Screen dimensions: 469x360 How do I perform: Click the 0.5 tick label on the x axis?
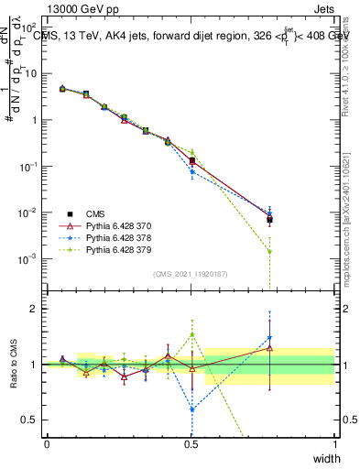pos(191,444)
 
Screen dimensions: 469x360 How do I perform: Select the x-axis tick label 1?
pos(334,444)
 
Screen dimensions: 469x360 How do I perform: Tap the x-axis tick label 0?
pos(47,444)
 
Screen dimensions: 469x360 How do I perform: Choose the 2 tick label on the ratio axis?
pos(37,309)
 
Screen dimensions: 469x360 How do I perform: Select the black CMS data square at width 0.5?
pos(191,161)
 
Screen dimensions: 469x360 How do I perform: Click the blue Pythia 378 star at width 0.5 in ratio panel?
pos(191,409)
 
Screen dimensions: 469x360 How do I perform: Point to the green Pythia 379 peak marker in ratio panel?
pos(191,334)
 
